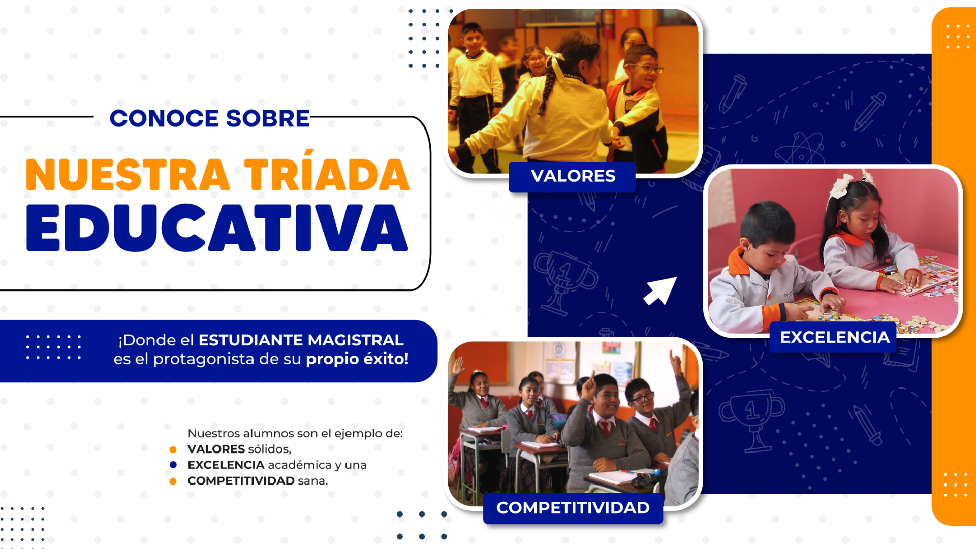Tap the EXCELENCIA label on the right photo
(x=834, y=337)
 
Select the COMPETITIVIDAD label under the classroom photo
(x=573, y=508)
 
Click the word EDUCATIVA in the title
(x=217, y=228)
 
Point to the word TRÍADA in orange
(x=327, y=175)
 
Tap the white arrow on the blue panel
(x=660, y=291)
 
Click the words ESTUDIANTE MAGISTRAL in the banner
(x=301, y=340)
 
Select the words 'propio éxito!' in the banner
(x=357, y=359)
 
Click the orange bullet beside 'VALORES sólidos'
(x=173, y=449)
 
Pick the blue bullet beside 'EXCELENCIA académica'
(x=173, y=465)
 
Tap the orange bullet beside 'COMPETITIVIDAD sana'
(x=173, y=481)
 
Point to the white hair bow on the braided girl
(x=555, y=59)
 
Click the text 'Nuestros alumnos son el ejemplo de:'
(x=295, y=433)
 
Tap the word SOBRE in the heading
(x=268, y=119)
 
